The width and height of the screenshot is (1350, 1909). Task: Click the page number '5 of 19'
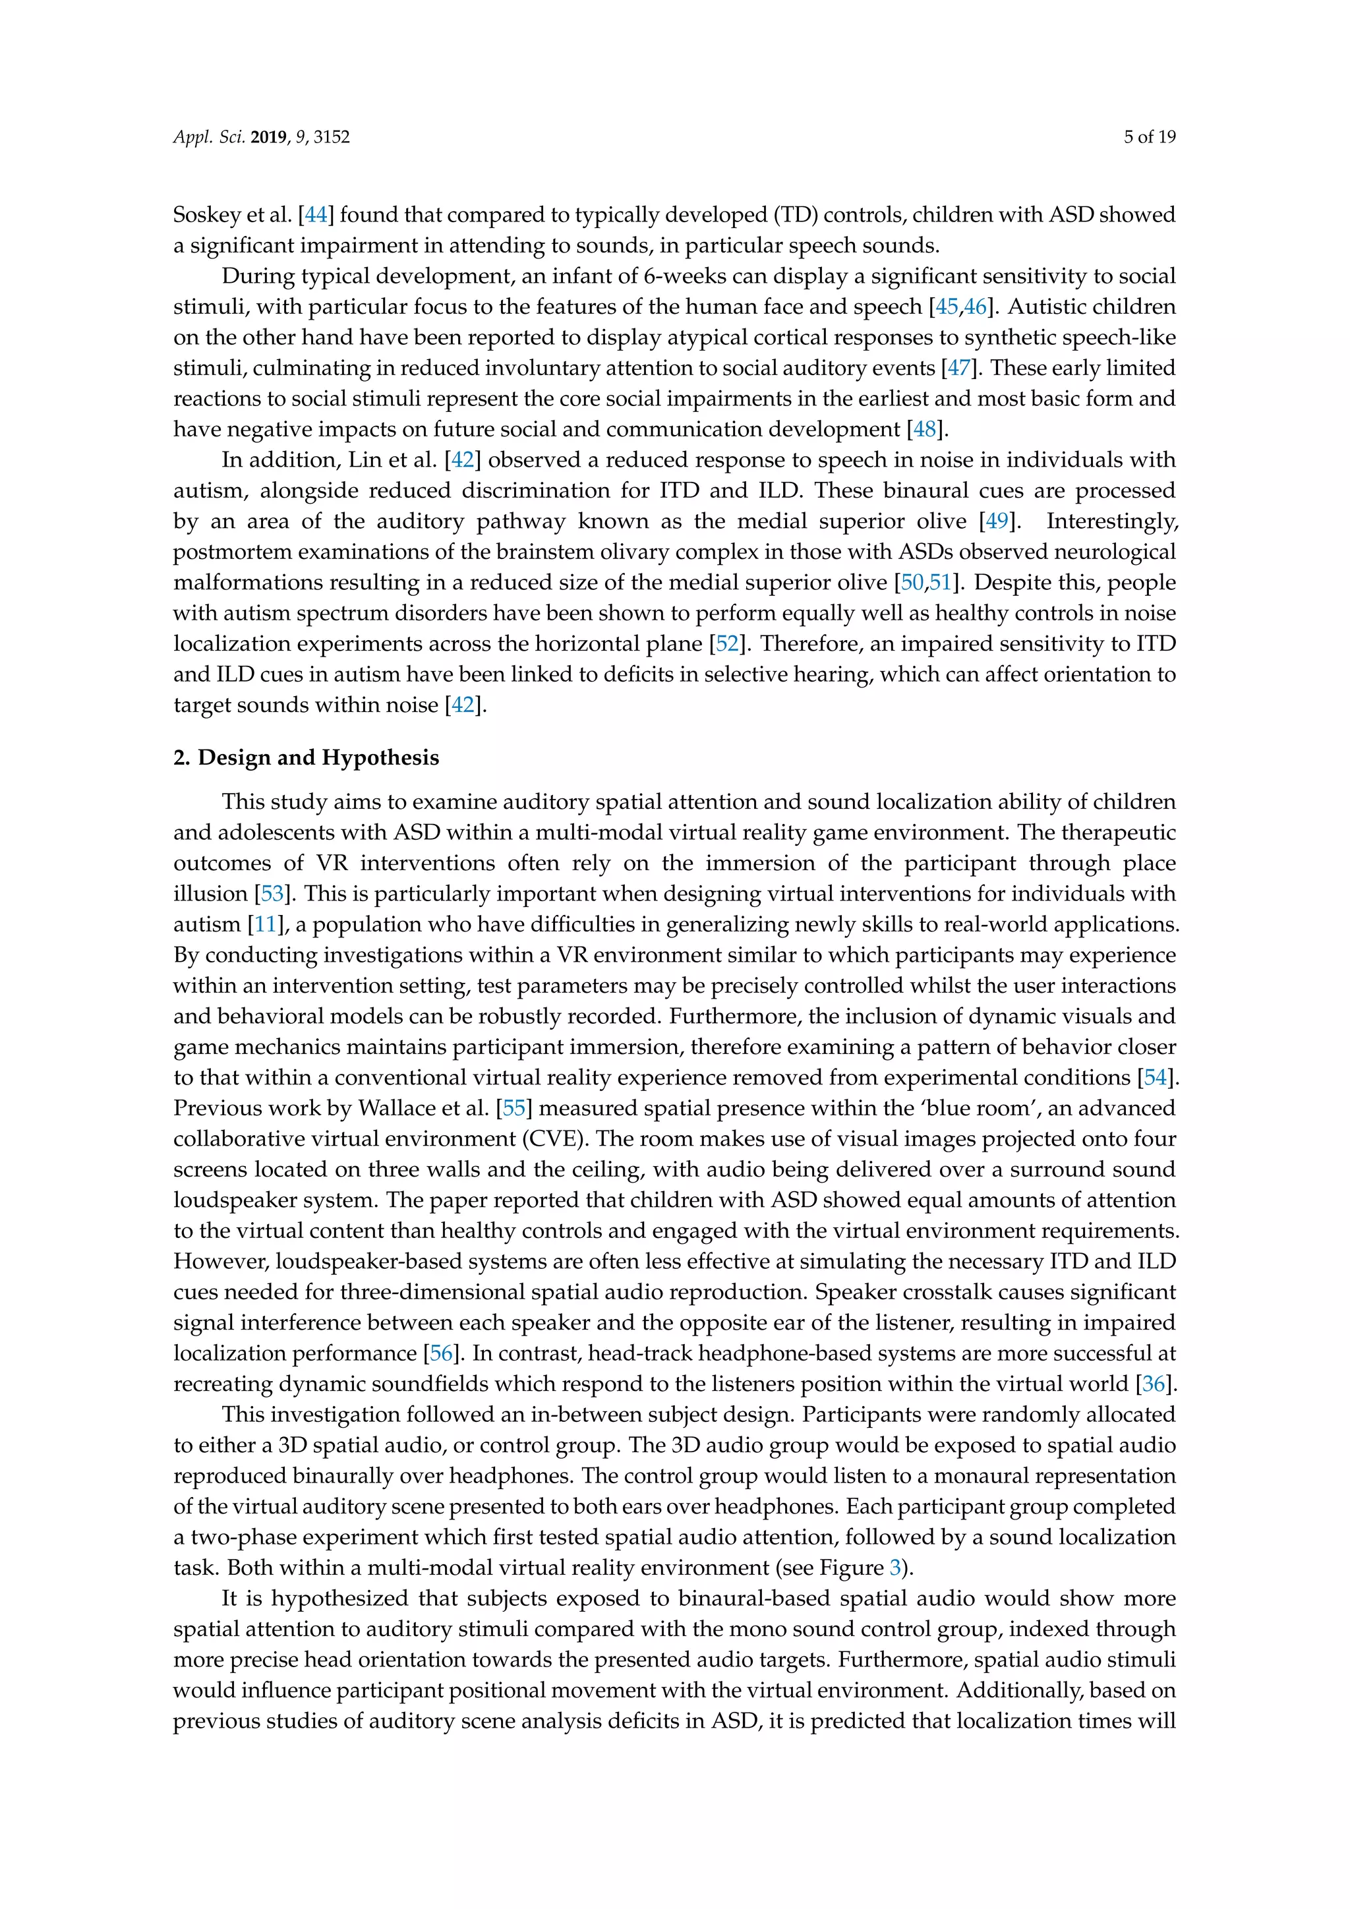tap(1150, 137)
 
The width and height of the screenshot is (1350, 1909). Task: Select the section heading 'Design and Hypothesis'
tap(318, 757)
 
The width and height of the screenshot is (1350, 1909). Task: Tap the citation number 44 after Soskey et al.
tap(316, 214)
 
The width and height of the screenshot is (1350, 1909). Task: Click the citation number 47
tap(958, 368)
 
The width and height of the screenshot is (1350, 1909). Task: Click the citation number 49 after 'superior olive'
tap(996, 521)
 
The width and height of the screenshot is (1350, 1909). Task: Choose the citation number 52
tap(727, 643)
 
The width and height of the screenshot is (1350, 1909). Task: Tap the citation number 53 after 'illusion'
tap(272, 894)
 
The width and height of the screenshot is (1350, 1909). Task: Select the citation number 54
tap(1156, 1078)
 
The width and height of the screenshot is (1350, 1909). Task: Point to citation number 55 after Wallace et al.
tap(514, 1108)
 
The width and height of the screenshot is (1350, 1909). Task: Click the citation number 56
tap(440, 1353)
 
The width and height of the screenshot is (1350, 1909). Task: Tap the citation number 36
tap(1153, 1384)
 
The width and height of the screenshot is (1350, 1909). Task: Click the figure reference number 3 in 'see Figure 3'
tap(895, 1568)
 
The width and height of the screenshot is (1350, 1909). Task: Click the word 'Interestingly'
tap(1111, 521)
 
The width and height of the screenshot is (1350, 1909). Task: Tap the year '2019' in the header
tap(268, 137)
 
